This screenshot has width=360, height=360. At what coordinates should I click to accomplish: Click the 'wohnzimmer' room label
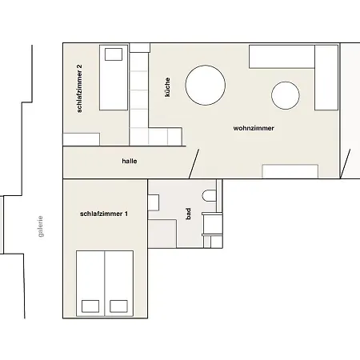tap(254, 128)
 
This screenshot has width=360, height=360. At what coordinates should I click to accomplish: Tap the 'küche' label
tap(167, 87)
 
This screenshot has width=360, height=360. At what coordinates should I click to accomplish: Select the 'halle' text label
tap(130, 161)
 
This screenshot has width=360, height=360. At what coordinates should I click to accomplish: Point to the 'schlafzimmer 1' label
tap(104, 214)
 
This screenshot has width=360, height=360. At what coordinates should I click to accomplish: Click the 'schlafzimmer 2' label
tap(79, 88)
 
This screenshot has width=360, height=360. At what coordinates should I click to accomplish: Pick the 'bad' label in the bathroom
tap(188, 214)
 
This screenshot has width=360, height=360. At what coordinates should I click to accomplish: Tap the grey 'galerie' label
tap(40, 226)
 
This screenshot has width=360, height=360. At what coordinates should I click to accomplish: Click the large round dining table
tap(206, 86)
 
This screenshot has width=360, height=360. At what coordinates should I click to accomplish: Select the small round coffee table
tap(286, 95)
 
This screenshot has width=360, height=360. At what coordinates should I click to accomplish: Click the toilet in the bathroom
tap(209, 195)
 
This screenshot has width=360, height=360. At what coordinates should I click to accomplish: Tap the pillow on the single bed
tap(114, 54)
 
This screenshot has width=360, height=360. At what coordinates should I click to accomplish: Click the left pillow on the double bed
tap(90, 306)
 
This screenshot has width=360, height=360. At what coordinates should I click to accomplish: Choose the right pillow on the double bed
tap(118, 306)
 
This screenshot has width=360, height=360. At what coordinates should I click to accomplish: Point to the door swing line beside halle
tap(194, 164)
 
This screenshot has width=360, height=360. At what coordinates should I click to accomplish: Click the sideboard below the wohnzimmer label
tap(290, 171)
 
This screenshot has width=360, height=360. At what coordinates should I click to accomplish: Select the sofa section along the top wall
tap(282, 57)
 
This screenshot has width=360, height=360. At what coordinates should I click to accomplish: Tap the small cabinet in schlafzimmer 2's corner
tap(82, 139)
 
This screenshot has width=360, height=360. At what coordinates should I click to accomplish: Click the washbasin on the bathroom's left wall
tap(154, 202)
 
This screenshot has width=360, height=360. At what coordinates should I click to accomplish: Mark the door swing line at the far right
tap(345, 164)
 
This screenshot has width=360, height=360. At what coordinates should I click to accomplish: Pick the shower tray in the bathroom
tap(162, 234)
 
